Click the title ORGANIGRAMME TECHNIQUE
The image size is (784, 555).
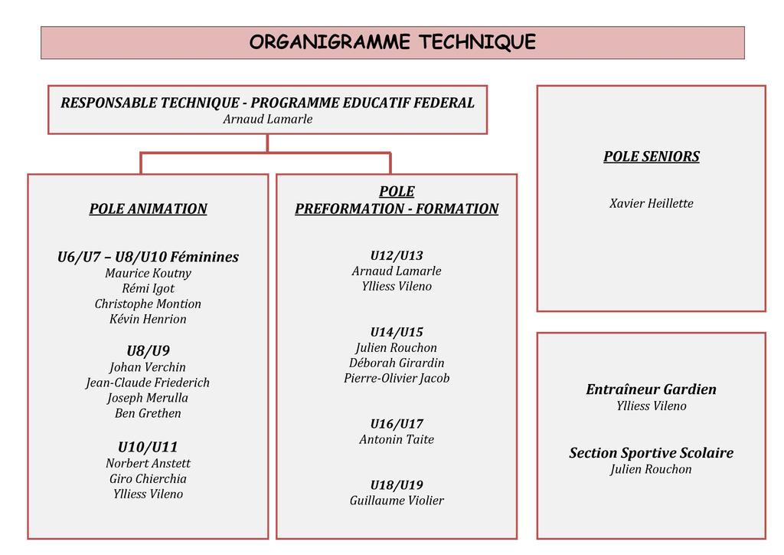pyautogui.click(x=392, y=42)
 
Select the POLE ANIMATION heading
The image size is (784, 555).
pyautogui.click(x=148, y=209)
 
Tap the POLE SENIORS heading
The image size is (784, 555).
pyautogui.click(x=651, y=156)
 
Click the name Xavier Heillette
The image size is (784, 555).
pyautogui.click(x=651, y=203)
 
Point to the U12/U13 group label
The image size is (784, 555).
pyautogui.click(x=397, y=255)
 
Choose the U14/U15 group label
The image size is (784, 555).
pyautogui.click(x=397, y=332)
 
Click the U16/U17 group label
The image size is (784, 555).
pyautogui.click(x=397, y=424)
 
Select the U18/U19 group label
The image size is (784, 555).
pyautogui.click(x=397, y=485)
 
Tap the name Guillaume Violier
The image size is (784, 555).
pyautogui.click(x=397, y=501)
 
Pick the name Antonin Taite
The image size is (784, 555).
pyautogui.click(x=397, y=439)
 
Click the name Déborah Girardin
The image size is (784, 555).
pyautogui.click(x=397, y=363)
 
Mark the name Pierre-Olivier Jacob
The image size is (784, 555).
pyautogui.click(x=397, y=378)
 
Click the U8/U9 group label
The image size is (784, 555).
pyautogui.click(x=148, y=351)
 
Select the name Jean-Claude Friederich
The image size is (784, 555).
pyautogui.click(x=148, y=383)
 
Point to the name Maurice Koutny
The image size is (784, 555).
pyautogui.click(x=148, y=273)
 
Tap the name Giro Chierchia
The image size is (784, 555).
pyautogui.click(x=148, y=478)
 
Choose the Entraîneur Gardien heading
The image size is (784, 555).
pyautogui.click(x=651, y=389)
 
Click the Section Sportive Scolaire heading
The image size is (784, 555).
pyautogui.click(x=651, y=453)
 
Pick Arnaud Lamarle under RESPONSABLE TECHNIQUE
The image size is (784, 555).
pyautogui.click(x=267, y=119)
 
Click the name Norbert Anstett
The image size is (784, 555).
pyautogui.click(x=148, y=463)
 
